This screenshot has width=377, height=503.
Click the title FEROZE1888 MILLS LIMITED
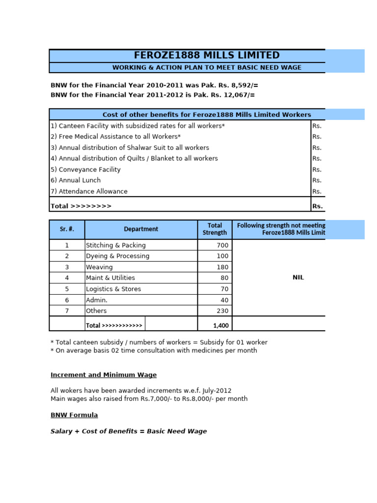click(x=207, y=56)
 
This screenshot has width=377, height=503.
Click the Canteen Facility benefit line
click(x=138, y=126)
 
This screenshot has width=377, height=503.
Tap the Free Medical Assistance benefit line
click(x=116, y=137)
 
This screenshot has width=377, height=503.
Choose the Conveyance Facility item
click(x=85, y=169)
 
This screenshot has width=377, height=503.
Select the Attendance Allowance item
click(x=89, y=192)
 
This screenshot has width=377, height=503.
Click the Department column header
click(x=141, y=229)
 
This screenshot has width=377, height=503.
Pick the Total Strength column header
click(x=215, y=229)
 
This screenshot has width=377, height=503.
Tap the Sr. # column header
click(x=67, y=229)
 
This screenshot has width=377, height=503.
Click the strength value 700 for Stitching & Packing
click(x=222, y=245)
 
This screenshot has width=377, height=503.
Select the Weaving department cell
click(x=99, y=267)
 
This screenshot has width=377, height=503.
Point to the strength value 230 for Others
click(x=222, y=311)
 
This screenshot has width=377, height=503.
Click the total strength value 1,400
click(x=220, y=325)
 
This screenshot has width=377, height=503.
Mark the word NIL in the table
click(x=298, y=278)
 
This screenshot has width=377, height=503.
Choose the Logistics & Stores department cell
click(x=113, y=289)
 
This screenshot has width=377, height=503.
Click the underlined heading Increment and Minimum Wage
click(x=104, y=375)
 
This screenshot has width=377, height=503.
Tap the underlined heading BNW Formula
click(x=74, y=415)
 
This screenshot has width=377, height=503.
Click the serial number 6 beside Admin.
click(x=67, y=300)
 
